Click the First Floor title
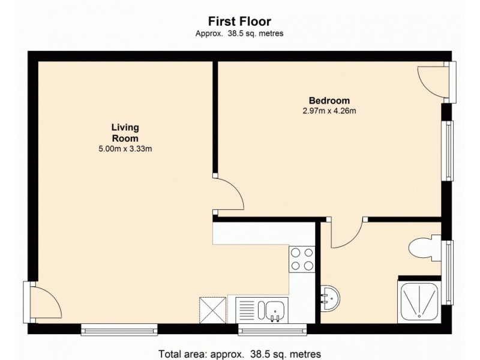239,22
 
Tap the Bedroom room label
329,100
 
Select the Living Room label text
125,133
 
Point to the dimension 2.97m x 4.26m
329,110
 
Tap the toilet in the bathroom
422,247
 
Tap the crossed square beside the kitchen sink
214,310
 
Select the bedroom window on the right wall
448,150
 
